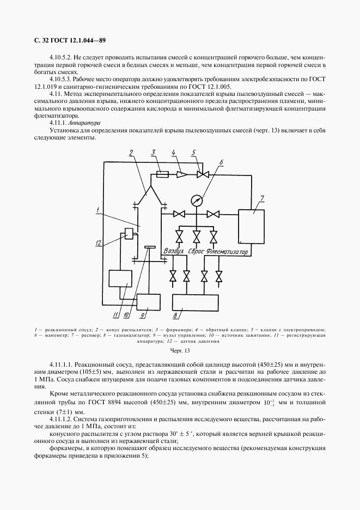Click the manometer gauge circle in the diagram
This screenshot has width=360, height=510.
tap(196, 200)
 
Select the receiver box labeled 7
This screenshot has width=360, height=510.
tap(251, 226)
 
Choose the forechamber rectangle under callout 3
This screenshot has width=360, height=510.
tap(161, 174)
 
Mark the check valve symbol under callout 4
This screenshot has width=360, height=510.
tap(181, 174)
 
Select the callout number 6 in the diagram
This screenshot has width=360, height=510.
tap(221, 162)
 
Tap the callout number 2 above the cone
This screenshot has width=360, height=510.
tap(131, 154)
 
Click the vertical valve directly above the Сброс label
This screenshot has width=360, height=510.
tap(196, 236)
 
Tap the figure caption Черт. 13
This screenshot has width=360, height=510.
tap(179, 351)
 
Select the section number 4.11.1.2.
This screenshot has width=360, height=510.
tap(63, 419)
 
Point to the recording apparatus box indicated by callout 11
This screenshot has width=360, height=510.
tap(120, 278)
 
